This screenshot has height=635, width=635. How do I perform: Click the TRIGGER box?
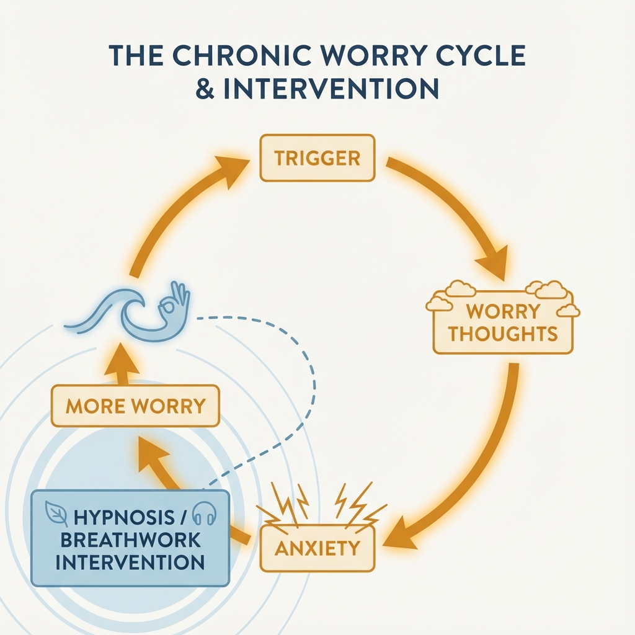(x=317, y=158)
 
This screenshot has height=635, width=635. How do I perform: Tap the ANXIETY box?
(x=317, y=548)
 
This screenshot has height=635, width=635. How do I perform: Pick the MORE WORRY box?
(x=135, y=406)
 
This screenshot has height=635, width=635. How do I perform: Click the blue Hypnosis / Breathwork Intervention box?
(x=130, y=537)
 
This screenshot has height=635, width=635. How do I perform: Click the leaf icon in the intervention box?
(x=57, y=513)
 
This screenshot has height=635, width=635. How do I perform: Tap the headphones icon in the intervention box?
(x=203, y=514)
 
